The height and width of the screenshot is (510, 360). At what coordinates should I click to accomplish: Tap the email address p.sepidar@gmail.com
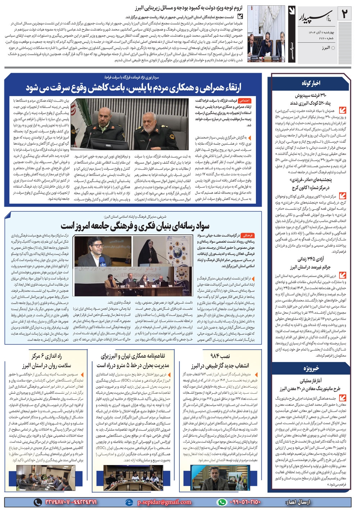point(164,502)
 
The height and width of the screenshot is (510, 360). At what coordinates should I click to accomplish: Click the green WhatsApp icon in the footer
point(222,502)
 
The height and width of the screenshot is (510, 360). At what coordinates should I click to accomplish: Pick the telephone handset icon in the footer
point(37,502)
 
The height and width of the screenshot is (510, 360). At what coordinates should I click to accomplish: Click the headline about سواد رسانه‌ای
point(135,226)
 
